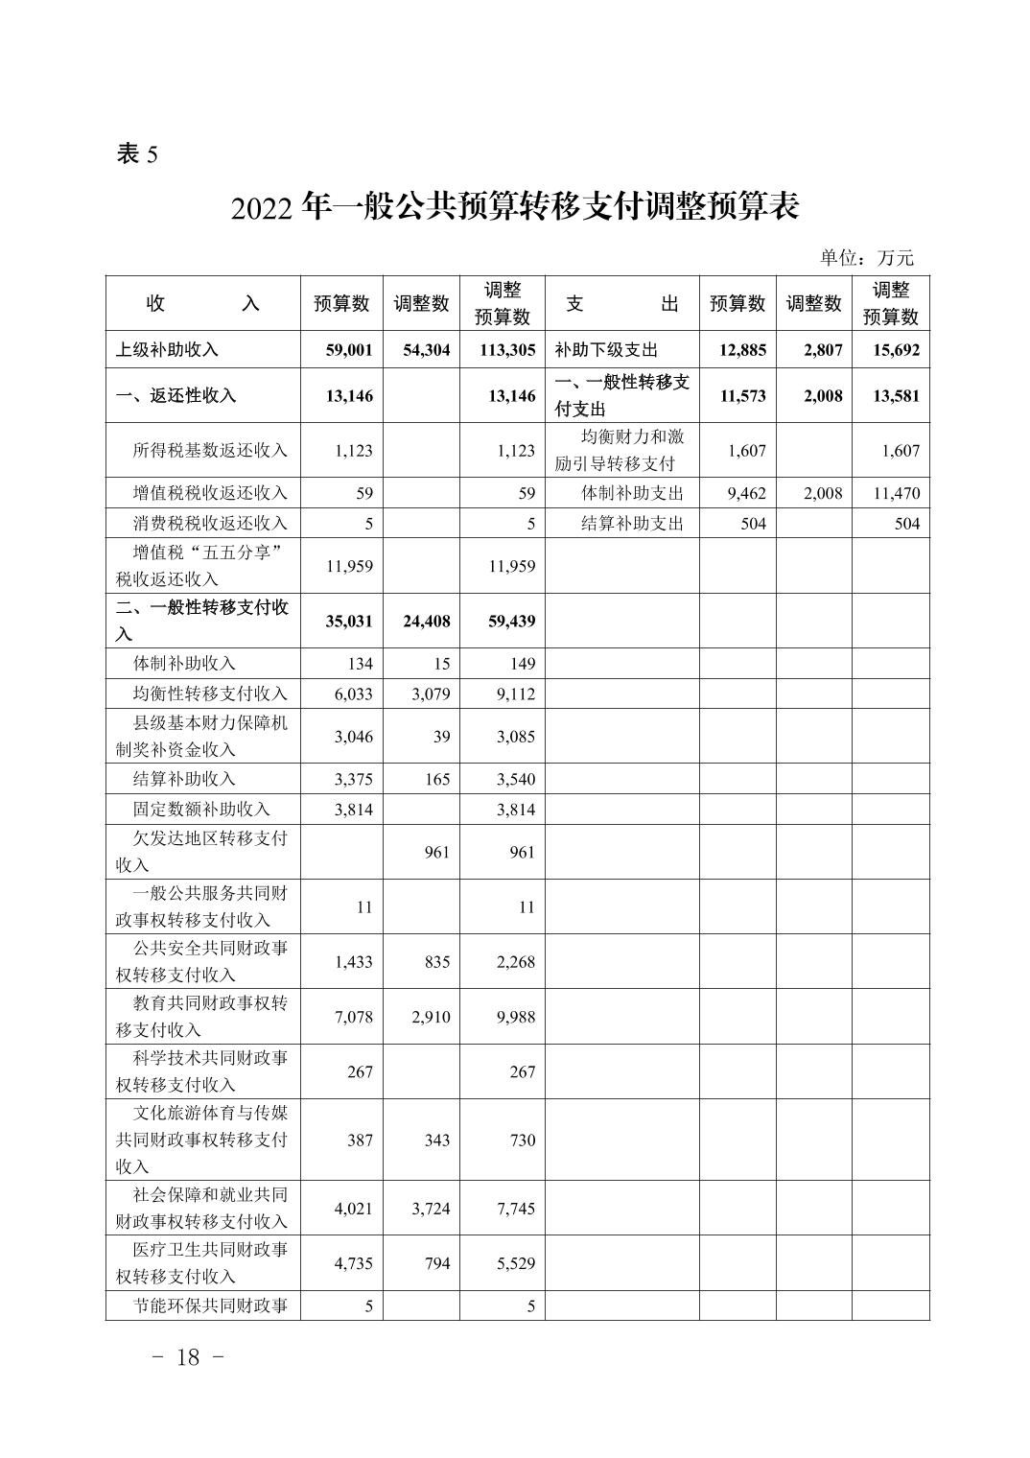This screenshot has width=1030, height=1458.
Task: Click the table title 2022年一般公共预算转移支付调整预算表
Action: [515, 207]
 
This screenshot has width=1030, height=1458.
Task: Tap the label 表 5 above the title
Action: [136, 153]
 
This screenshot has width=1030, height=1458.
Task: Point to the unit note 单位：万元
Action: [867, 257]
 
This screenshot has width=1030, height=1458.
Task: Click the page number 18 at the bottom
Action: [189, 1357]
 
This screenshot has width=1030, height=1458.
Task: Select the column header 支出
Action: [621, 304]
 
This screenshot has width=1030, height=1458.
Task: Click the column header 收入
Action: [202, 304]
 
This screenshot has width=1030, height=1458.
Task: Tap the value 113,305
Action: [507, 350]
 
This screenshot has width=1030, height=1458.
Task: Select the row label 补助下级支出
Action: [607, 350]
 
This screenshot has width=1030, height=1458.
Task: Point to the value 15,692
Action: [896, 350]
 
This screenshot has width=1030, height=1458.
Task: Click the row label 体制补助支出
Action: [632, 494]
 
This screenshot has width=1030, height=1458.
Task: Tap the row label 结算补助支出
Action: [632, 524]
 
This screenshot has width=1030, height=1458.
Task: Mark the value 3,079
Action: [431, 694]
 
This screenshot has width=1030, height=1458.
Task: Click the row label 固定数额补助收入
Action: [201, 810]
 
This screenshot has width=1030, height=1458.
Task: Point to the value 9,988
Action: [516, 1017]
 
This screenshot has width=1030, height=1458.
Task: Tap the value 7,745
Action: [516, 1209]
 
